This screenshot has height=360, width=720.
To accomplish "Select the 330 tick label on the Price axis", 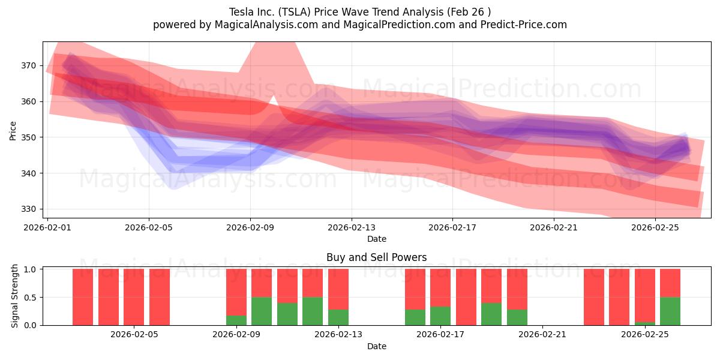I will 29,209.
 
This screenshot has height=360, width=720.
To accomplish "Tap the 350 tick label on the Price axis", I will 29,137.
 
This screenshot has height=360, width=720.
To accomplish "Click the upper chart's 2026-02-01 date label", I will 48,227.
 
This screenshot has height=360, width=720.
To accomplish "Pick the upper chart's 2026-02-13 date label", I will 352,227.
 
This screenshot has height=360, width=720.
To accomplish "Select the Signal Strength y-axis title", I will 14,296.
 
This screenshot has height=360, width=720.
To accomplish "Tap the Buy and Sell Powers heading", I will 376,257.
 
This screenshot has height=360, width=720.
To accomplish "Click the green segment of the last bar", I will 670,311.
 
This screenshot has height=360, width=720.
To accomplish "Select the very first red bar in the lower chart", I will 83,297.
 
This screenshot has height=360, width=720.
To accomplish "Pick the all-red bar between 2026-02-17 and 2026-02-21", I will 466,297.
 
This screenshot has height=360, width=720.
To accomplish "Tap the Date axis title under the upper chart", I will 376,239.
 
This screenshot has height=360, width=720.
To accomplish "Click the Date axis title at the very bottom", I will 376,346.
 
